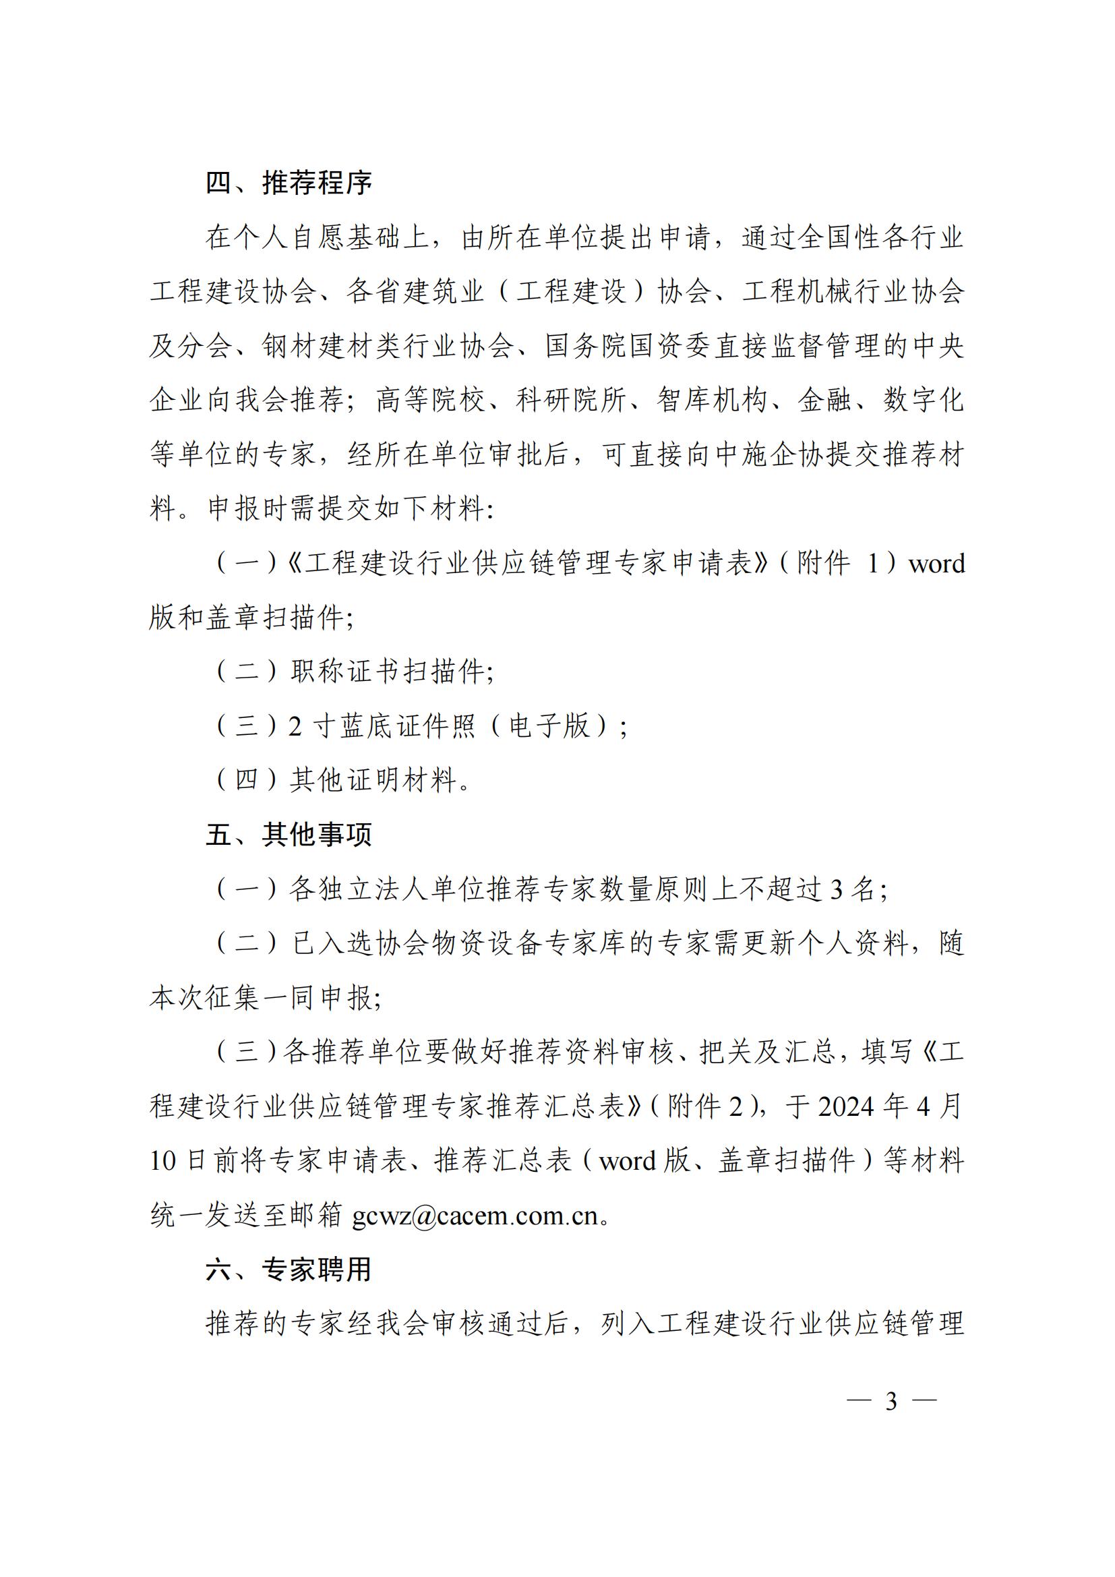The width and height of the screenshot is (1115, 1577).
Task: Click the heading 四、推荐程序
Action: (289, 183)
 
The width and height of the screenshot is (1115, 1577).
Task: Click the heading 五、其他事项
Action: (289, 835)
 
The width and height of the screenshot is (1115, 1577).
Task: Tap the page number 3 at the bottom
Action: (891, 1401)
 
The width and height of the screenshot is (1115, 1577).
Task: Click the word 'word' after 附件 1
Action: (936, 564)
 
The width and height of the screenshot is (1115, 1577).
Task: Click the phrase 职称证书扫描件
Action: (387, 672)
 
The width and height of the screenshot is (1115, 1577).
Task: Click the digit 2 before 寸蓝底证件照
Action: (295, 727)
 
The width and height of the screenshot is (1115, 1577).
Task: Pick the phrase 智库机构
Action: (711, 400)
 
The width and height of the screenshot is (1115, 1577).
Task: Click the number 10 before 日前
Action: (162, 1162)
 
